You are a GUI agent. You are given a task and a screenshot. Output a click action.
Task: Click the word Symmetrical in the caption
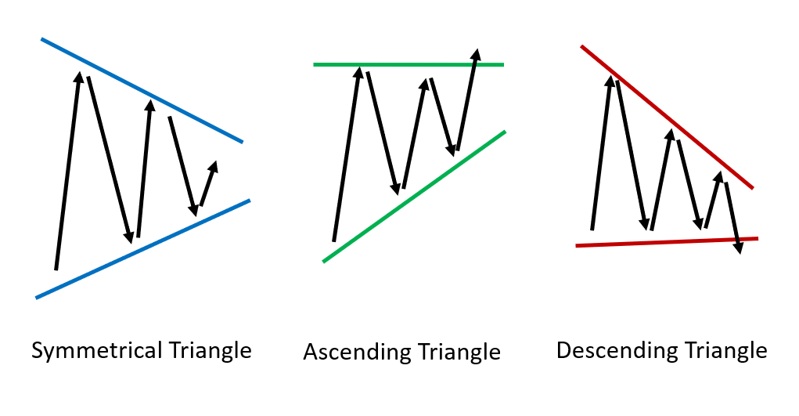pyautogui.click(x=96, y=351)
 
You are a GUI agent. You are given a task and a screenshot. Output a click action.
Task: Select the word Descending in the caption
pyautogui.click(x=617, y=351)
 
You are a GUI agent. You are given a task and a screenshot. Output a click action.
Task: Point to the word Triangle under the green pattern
pyautogui.click(x=459, y=353)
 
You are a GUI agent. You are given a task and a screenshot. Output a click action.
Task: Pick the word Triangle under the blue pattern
pyautogui.click(x=210, y=351)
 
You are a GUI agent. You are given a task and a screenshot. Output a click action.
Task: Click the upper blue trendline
pyautogui.click(x=142, y=90)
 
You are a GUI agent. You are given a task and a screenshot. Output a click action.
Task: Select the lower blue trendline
pyautogui.click(x=143, y=248)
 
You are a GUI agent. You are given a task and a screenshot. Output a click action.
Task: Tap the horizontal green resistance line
pyautogui.click(x=408, y=65)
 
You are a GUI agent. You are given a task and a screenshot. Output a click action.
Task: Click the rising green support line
pyautogui.click(x=414, y=197)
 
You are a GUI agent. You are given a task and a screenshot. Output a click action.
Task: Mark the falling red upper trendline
pyautogui.click(x=667, y=118)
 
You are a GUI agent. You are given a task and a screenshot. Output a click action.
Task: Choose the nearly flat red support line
pyautogui.click(x=667, y=242)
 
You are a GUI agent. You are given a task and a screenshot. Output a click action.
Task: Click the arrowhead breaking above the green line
pyautogui.click(x=476, y=55)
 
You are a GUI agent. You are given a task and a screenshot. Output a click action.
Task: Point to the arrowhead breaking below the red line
pyautogui.click(x=738, y=248)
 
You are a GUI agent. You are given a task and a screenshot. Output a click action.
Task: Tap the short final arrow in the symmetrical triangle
pyautogui.click(x=208, y=184)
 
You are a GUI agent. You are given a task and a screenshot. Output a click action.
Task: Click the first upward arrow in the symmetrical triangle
pyautogui.click(x=67, y=171)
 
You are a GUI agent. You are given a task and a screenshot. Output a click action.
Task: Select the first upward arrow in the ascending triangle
pyautogui.click(x=347, y=154)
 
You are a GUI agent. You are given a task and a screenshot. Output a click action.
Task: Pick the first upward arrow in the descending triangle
pyautogui.click(x=602, y=153)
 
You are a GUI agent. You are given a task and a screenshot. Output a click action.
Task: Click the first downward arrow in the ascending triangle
pyautogui.click(x=383, y=133)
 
